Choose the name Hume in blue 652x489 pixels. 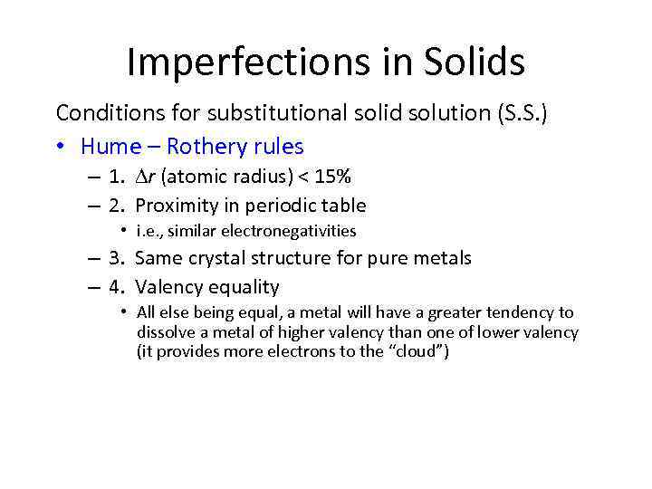[x=110, y=146]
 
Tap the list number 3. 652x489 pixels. [x=116, y=259]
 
